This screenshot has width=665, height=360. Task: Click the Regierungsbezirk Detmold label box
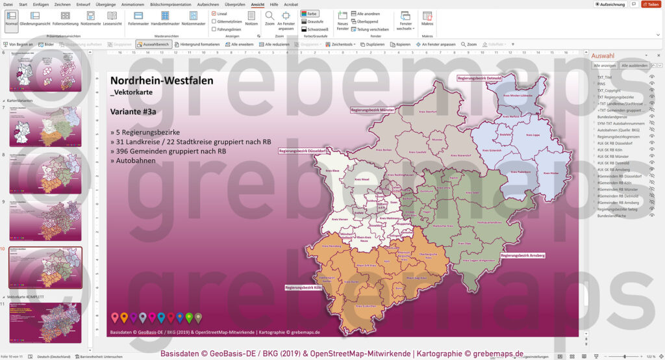tap(479, 78)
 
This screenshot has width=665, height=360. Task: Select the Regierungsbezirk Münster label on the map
tap(373, 110)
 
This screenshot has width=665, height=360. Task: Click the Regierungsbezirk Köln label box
tap(304, 287)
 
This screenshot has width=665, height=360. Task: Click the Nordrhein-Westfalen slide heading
tap(153, 80)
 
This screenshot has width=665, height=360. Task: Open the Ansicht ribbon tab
tap(257, 4)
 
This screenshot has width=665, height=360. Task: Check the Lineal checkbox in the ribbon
tap(214, 14)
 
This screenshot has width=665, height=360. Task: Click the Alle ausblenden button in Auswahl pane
tap(634, 66)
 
